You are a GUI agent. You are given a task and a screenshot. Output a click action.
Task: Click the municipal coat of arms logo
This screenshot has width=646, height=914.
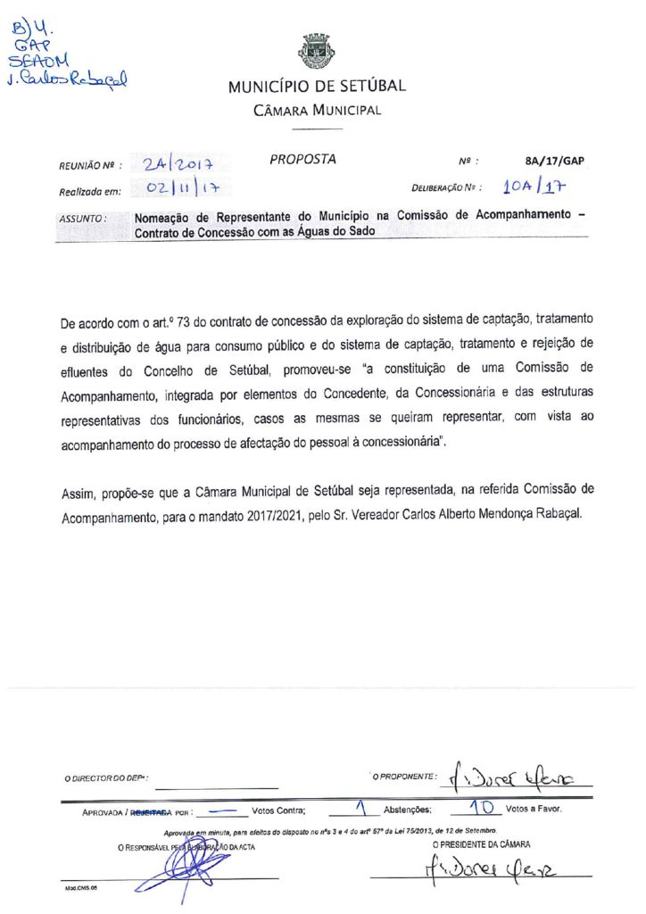[x=317, y=52]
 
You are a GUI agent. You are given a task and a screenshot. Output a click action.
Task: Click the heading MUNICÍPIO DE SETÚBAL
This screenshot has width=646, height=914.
[x=317, y=87]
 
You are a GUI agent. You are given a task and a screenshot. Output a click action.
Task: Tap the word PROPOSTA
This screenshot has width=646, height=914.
[x=302, y=160]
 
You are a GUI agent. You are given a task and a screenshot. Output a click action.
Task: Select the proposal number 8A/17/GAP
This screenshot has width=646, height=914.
[x=555, y=162]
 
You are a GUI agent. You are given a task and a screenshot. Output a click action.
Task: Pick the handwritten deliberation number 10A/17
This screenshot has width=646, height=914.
[x=534, y=187]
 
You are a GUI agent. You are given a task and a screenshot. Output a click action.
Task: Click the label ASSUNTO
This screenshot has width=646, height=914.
[x=83, y=218]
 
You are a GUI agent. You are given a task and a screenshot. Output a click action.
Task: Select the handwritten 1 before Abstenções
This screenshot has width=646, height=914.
[x=360, y=810]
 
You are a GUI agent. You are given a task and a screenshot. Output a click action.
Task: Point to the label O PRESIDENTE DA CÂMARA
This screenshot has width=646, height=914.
[x=481, y=843]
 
